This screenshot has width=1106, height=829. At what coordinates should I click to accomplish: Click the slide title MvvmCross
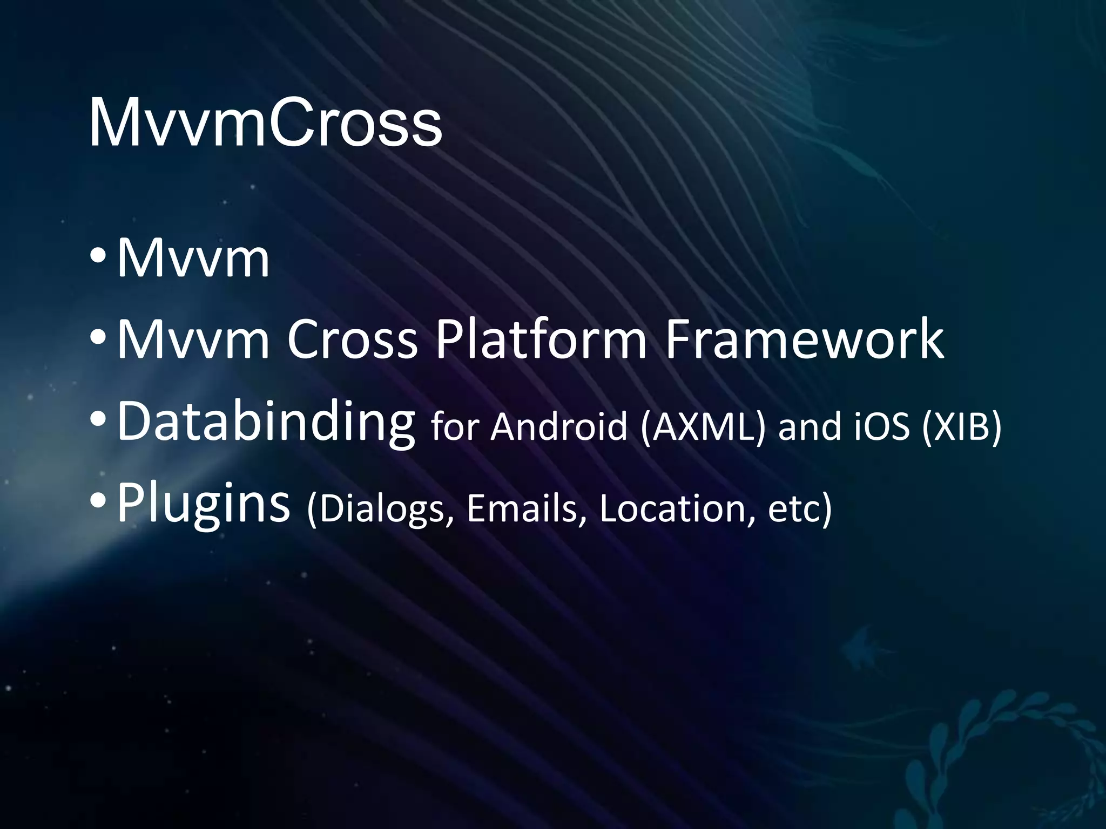click(x=265, y=123)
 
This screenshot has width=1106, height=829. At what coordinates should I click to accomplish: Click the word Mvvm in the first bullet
click(x=193, y=259)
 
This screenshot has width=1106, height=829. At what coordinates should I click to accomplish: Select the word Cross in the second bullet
click(x=352, y=339)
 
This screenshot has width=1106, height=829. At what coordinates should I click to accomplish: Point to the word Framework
click(x=804, y=339)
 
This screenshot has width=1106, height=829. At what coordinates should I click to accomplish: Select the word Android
click(x=558, y=426)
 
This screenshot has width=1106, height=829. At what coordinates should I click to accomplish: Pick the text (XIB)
click(x=961, y=426)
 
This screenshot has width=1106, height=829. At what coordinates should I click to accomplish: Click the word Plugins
click(x=203, y=505)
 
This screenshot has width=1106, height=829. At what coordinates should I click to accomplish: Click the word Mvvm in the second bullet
click(x=193, y=339)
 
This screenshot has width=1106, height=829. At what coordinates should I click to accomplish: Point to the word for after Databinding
click(x=454, y=426)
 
